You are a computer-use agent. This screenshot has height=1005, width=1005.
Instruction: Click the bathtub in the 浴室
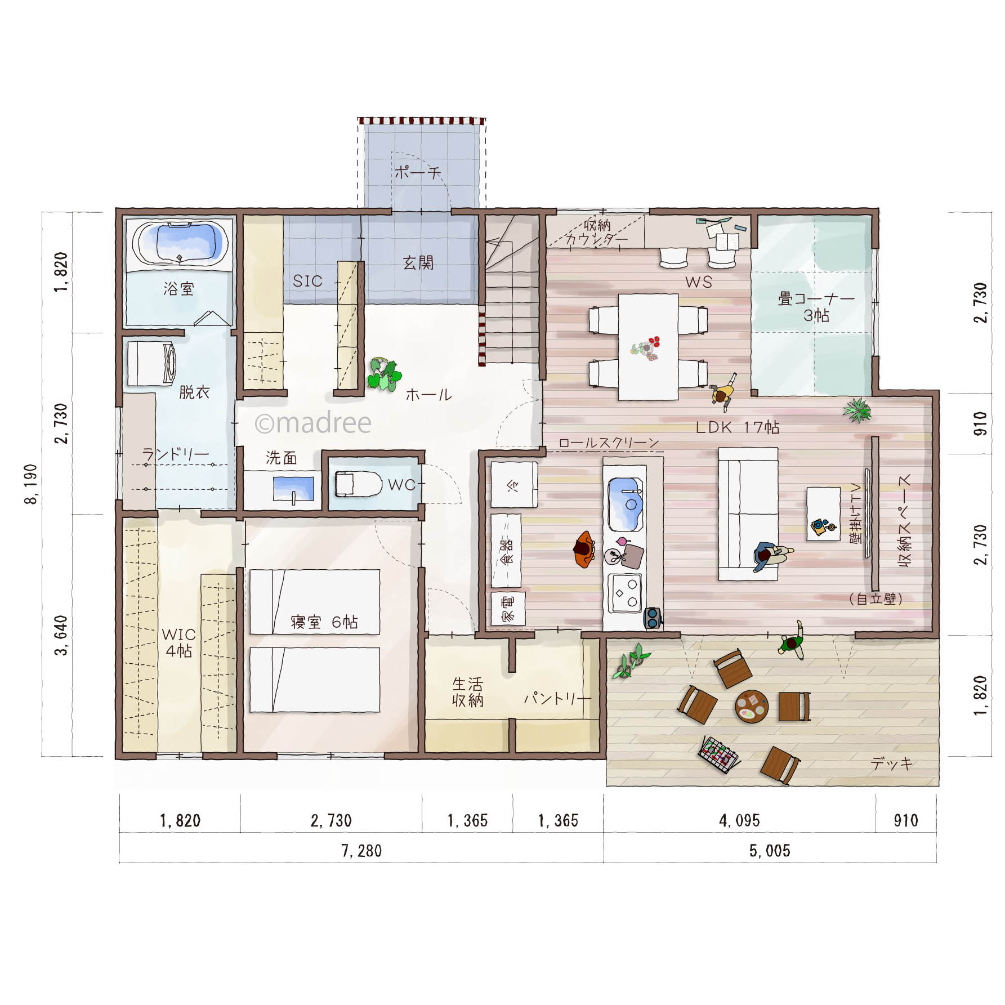coord(178,243)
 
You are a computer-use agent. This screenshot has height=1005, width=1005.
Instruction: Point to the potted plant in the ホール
coord(384,374)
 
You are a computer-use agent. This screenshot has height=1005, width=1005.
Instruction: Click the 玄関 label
coord(418,262)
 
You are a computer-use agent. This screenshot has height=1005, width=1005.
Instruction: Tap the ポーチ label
coord(417,172)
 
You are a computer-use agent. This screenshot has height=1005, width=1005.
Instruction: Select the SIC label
coord(307,280)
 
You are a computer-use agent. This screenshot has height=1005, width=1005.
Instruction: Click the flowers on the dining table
coord(646,349)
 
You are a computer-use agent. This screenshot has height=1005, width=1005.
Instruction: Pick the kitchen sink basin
coord(626,504)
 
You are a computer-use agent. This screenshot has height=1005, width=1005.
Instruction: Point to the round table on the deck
coord(752,706)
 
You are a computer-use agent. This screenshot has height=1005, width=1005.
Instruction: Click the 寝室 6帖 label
coord(324,622)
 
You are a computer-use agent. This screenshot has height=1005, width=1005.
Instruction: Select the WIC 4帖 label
coord(178,642)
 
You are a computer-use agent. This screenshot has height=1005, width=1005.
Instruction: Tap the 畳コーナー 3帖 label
coord(816,306)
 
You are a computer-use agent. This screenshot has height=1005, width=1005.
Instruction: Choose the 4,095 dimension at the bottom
coord(739,820)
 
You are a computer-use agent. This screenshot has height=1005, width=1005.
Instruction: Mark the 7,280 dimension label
coord(361,851)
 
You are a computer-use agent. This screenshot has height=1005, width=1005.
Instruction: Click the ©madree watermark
coord(313,423)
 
